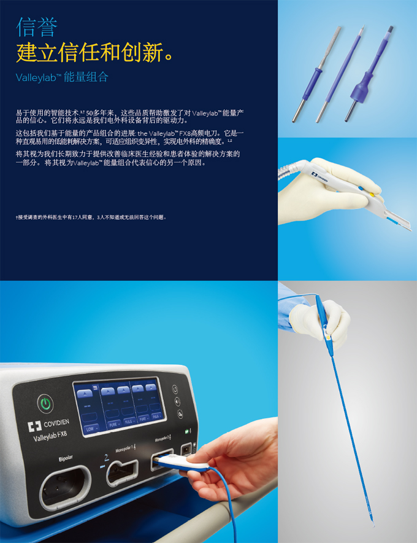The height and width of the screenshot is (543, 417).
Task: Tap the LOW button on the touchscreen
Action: (90, 428)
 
